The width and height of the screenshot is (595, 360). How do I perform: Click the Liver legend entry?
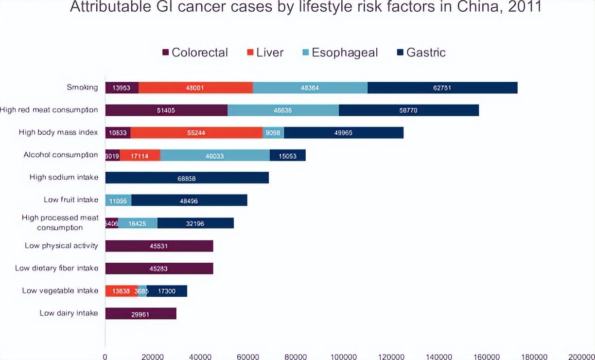click(x=265, y=53)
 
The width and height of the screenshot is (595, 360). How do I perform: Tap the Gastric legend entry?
click(x=421, y=53)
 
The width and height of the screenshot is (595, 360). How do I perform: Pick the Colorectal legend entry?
click(x=195, y=53)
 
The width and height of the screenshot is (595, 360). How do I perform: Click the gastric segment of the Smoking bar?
click(x=442, y=88)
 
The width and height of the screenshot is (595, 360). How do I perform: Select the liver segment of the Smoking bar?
click(x=195, y=88)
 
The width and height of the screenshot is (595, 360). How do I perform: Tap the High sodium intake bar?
click(x=187, y=178)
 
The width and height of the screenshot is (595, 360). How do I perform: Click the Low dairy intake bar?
click(x=140, y=313)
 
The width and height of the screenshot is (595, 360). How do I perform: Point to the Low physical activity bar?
click(x=159, y=246)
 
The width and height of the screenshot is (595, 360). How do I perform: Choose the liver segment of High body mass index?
click(x=196, y=133)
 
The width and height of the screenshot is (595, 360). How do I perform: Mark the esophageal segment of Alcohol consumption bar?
click(x=214, y=155)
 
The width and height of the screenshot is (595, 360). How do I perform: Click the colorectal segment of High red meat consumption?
click(x=166, y=110)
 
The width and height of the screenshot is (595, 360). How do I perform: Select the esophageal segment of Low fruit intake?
click(x=118, y=200)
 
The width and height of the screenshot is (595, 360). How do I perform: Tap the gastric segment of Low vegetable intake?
click(x=167, y=291)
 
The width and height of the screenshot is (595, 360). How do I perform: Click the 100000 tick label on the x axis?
click(x=343, y=356)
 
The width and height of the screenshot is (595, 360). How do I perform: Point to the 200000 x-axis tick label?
click(x=581, y=356)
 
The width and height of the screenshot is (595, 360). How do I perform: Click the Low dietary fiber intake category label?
click(x=56, y=268)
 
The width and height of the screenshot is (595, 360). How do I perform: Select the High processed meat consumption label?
click(x=60, y=223)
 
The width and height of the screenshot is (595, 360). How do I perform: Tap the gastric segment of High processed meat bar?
click(x=195, y=223)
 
